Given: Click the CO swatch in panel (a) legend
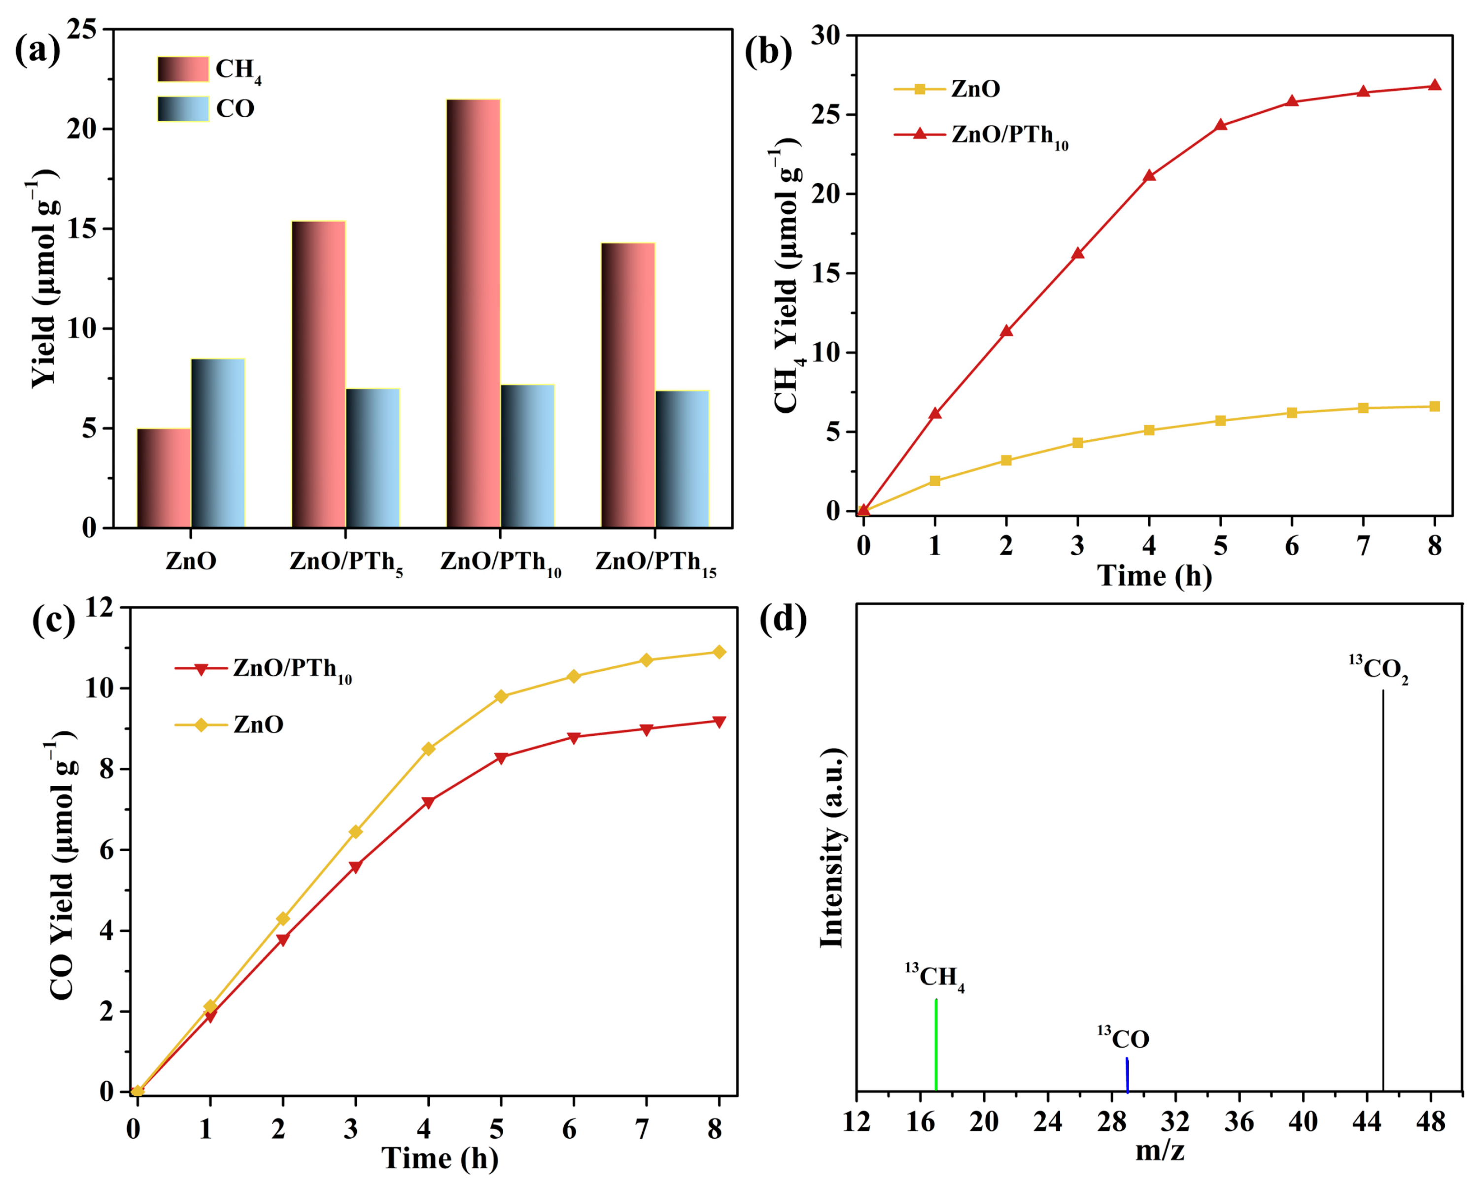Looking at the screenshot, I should pos(183,109).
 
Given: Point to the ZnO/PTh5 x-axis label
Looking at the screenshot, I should pos(346,563).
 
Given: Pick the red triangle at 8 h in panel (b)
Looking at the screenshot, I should pos(1435,86).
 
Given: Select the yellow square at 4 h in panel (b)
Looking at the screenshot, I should pos(1149,430).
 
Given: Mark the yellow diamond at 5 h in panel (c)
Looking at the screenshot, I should pos(501,696).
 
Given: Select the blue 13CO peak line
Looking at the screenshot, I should pos(1127,1075).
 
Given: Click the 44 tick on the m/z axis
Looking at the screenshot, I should pos(1367,1123).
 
